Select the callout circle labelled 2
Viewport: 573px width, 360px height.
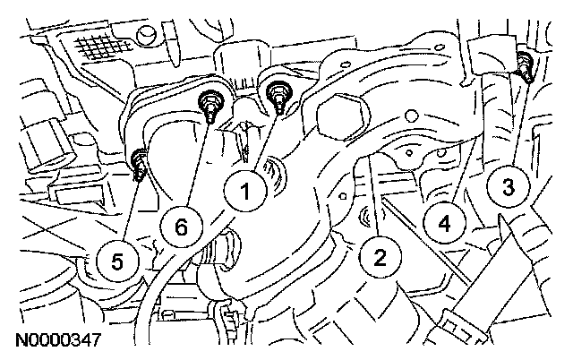(x=381, y=259)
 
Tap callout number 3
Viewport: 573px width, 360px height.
(x=508, y=187)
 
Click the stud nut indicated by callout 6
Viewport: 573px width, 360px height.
(x=212, y=103)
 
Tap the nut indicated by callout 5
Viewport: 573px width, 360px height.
(x=140, y=162)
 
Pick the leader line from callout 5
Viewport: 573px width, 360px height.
(x=130, y=206)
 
